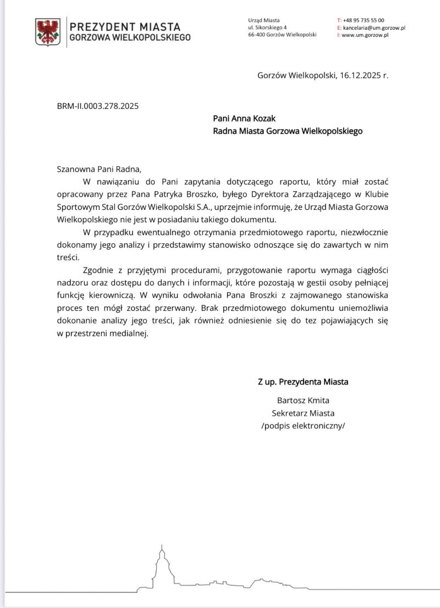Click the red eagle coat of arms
(48, 31)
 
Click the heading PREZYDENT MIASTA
(125, 26)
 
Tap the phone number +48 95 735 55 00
(363, 20)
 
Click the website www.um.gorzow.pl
(365, 35)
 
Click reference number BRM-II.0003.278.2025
(98, 105)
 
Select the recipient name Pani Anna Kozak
(244, 119)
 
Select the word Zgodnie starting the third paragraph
(98, 270)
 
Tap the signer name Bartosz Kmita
(303, 400)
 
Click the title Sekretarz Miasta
(303, 412)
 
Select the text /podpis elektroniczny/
(303, 426)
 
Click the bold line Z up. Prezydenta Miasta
(303, 382)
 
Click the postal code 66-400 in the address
(258, 35)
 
